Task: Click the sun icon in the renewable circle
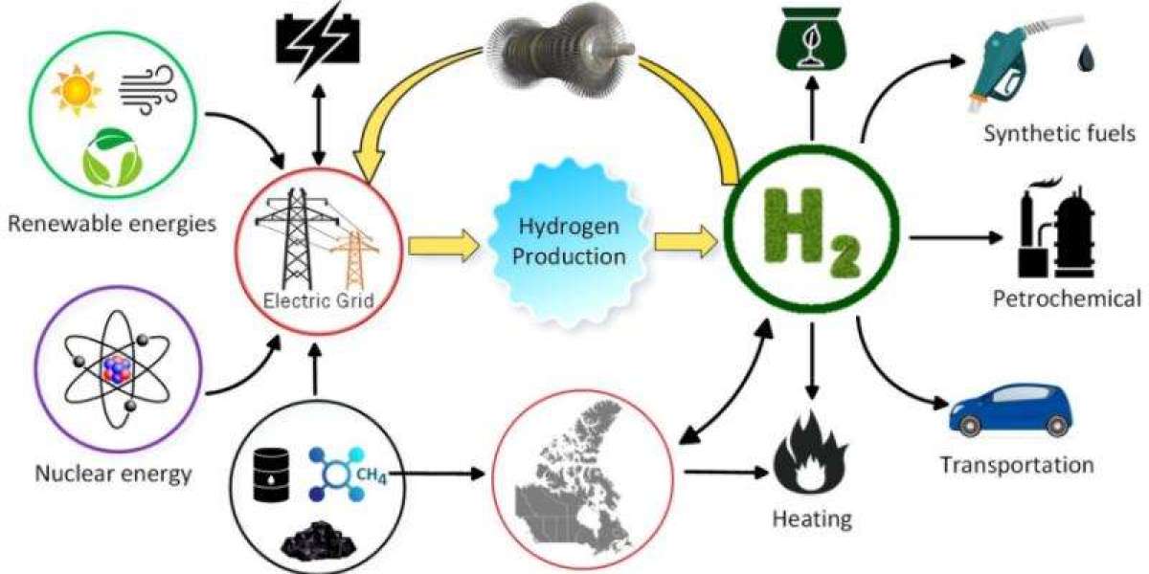(x=78, y=91)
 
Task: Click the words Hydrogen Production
(x=572, y=242)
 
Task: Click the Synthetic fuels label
(x=1060, y=133)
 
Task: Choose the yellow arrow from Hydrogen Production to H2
(x=685, y=243)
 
